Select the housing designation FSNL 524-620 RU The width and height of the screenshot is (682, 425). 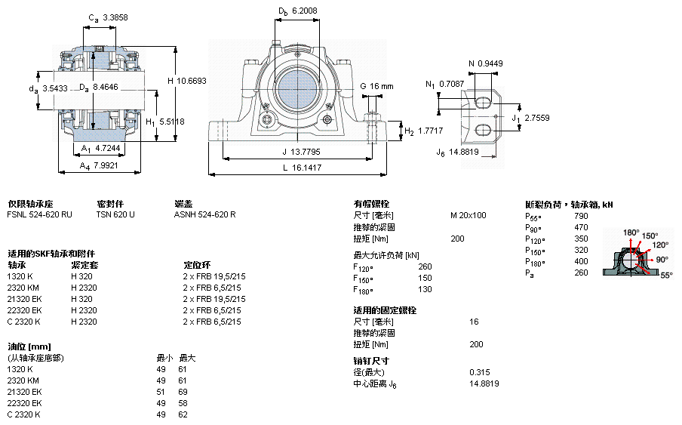coord(40,215)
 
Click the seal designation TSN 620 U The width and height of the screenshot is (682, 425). coord(115,215)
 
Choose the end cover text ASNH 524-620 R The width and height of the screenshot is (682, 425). coord(204,215)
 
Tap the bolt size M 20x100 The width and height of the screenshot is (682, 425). coord(468,215)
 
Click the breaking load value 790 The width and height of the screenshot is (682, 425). coord(581,215)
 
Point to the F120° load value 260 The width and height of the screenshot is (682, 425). coord(425,266)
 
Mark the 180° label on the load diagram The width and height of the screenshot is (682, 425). coord(631,232)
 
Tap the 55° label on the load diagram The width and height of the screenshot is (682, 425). coord(666,276)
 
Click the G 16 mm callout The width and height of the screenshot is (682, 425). coord(377,86)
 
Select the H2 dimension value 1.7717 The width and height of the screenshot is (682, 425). coord(430,131)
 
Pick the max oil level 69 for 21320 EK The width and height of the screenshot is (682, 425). coord(182,393)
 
